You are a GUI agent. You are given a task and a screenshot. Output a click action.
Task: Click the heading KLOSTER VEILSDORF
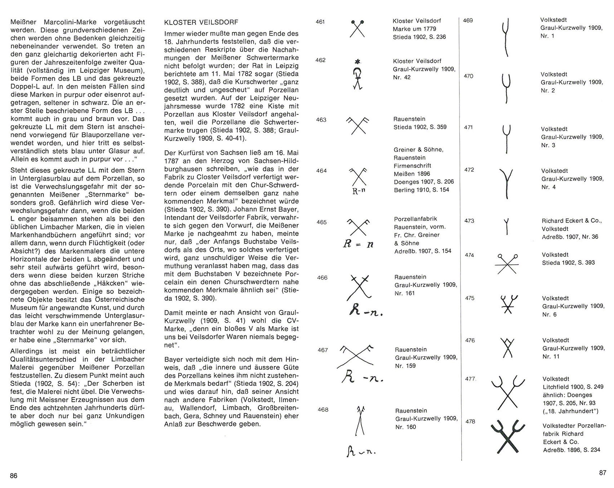(x=201, y=22)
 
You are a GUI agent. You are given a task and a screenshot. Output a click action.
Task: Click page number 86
(x=14, y=475)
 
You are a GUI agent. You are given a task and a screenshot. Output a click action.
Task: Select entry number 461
(x=320, y=22)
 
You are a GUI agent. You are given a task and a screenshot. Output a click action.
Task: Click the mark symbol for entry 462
(x=357, y=75)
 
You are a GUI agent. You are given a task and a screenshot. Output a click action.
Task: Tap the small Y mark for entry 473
(x=507, y=226)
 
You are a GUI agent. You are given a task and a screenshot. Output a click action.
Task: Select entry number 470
(x=468, y=76)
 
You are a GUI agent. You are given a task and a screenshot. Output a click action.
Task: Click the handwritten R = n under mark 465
(x=358, y=244)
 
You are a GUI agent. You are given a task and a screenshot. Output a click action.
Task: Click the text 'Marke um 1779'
(x=414, y=29)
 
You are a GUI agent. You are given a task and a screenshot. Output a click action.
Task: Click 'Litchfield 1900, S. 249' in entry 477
(x=573, y=387)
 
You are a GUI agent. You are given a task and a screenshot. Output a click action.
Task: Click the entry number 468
(x=323, y=409)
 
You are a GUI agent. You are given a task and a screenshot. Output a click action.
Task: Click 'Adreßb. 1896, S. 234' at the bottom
(x=571, y=449)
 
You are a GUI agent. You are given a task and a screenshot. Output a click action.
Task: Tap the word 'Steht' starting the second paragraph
(x=19, y=170)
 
